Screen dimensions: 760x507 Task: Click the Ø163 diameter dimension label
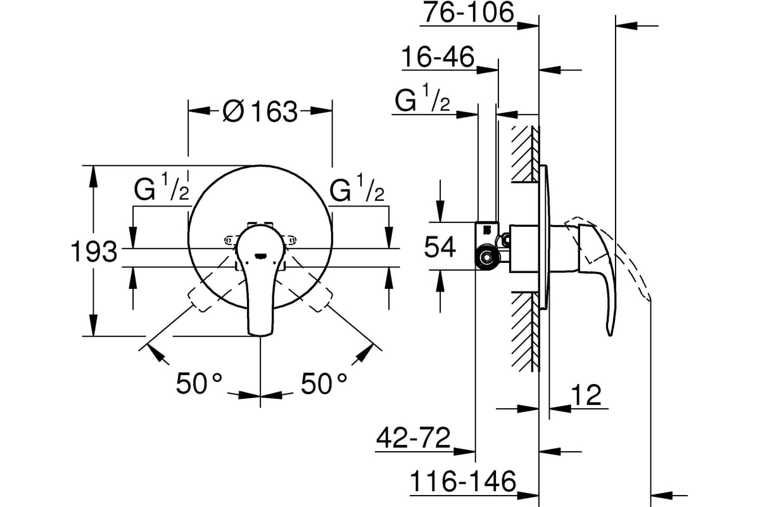click(260, 111)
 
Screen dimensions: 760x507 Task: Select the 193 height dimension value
click(94, 252)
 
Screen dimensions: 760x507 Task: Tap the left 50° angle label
click(199, 383)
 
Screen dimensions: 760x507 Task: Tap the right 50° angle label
click(324, 383)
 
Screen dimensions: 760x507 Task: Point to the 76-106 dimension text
click(469, 12)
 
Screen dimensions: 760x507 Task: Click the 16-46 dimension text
click(438, 56)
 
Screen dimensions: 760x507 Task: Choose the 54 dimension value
click(440, 247)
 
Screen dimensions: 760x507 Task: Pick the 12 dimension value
click(586, 395)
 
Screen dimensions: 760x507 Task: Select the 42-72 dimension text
click(413, 438)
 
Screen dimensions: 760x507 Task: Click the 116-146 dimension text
click(463, 481)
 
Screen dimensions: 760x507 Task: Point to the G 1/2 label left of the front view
click(161, 188)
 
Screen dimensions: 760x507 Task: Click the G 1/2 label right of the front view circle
click(357, 188)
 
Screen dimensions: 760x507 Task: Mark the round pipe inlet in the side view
click(487, 258)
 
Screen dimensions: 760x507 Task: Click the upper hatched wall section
click(525, 154)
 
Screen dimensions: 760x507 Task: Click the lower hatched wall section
click(525, 331)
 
